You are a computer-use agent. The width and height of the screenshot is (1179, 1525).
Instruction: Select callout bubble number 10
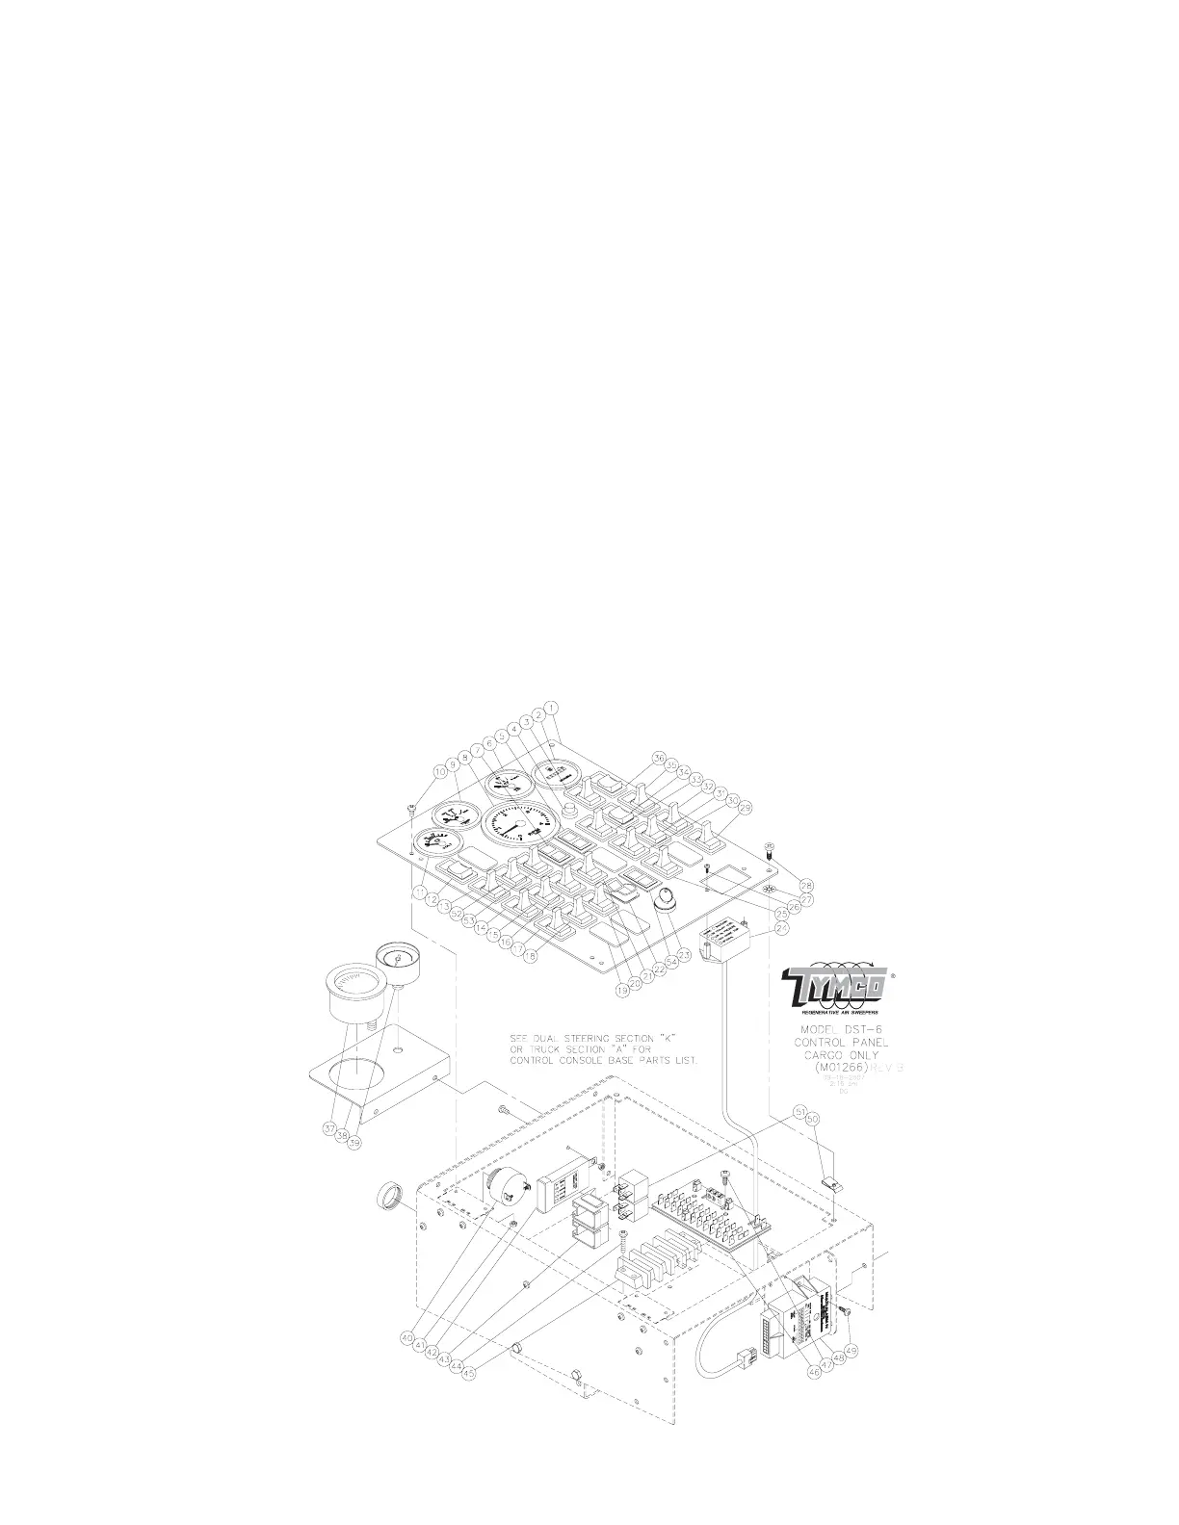point(441,771)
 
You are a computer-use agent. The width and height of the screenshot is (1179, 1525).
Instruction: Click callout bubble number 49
point(851,1350)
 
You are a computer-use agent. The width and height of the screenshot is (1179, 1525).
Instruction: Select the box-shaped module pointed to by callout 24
point(729,935)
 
